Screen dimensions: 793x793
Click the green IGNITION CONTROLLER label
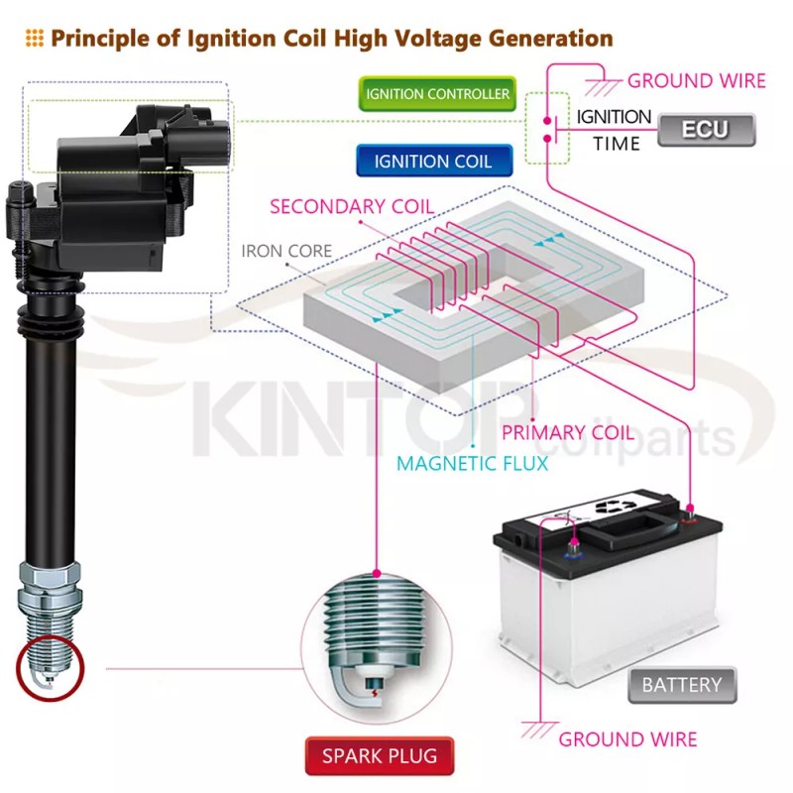437,95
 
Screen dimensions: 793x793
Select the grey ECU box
706,130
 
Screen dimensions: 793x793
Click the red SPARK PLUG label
379,756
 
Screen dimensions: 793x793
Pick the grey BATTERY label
681,684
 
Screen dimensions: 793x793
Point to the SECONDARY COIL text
352,206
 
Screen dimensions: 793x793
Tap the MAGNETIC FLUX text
472,463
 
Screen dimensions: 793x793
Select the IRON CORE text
286,251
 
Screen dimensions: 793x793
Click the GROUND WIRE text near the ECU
697,80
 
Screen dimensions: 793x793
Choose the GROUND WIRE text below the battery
627,738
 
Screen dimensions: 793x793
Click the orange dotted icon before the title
34,39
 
